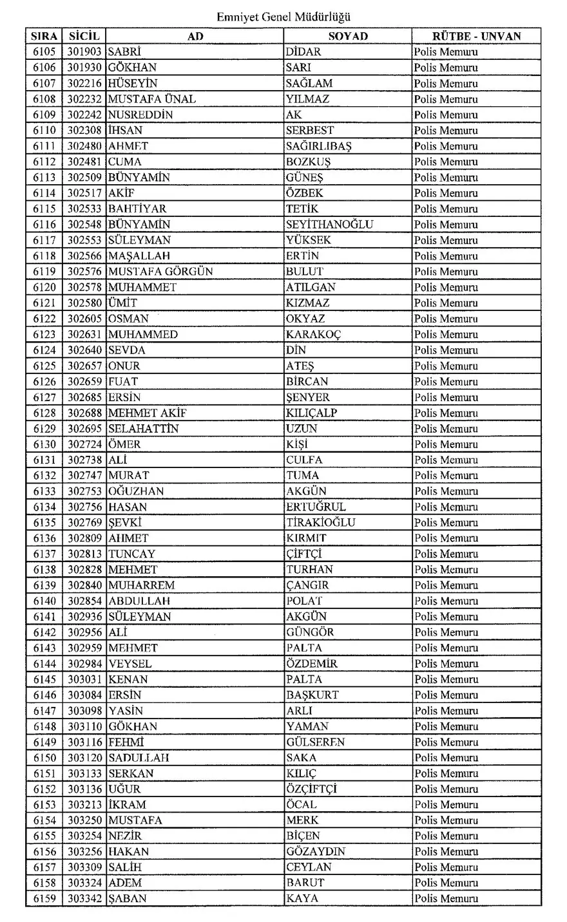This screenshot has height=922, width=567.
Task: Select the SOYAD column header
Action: (348, 36)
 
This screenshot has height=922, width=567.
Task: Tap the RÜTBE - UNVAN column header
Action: (476, 36)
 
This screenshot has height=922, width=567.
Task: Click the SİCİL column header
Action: (84, 36)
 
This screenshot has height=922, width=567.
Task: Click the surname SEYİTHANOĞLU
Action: (329, 224)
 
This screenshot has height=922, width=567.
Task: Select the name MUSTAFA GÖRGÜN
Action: (160, 271)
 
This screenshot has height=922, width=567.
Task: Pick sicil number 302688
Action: (85, 413)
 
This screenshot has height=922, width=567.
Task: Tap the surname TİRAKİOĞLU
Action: (320, 522)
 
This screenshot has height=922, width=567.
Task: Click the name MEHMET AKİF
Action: (147, 413)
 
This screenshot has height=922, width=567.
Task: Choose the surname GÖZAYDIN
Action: (316, 851)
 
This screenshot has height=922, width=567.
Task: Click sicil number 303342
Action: (85, 898)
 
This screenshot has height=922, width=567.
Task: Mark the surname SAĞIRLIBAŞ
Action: (318, 146)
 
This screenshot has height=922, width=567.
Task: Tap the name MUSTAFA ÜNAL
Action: (151, 99)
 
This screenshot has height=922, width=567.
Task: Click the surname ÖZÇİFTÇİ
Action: (312, 789)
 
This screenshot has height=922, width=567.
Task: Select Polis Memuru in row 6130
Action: (446, 444)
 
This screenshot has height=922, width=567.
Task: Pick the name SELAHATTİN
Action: (143, 428)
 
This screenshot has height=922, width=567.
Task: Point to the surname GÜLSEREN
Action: (315, 742)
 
